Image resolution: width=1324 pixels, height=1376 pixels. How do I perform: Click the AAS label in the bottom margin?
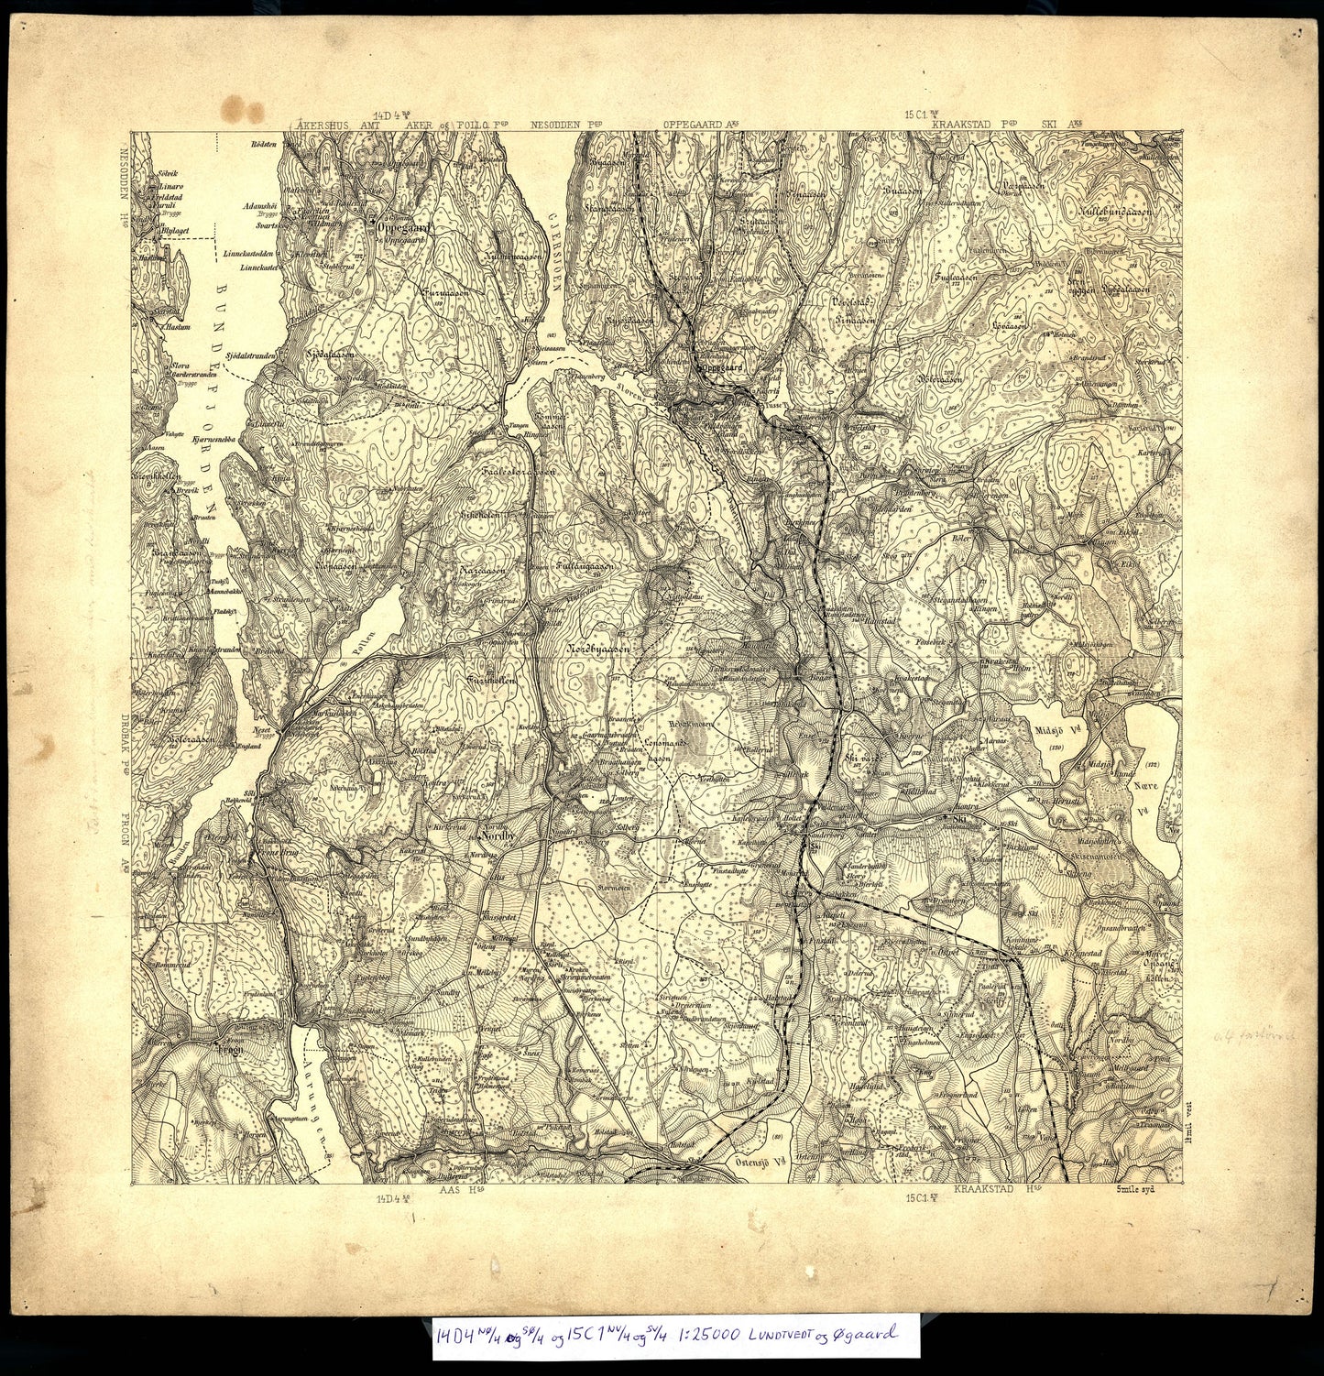pyautogui.click(x=452, y=1189)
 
